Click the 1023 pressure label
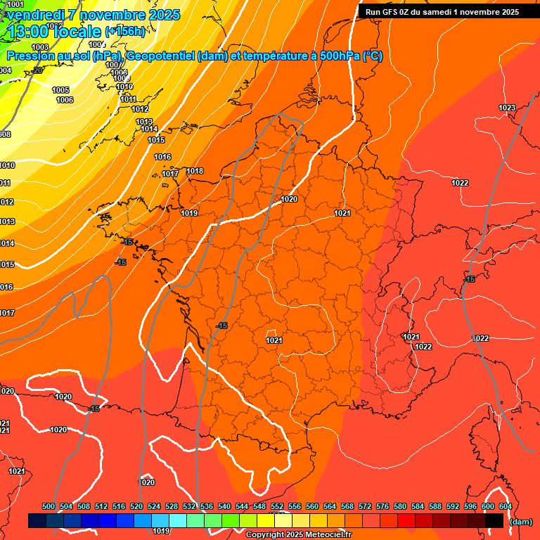[506, 108]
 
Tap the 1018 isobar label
[195, 171]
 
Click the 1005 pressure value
[60, 90]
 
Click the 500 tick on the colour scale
[49, 506]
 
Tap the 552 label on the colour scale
[277, 506]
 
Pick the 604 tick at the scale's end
[506, 506]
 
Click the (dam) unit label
[520, 522]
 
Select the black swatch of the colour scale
[494, 520]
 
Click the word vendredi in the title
[36, 15]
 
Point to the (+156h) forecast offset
[125, 31]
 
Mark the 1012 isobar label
[140, 109]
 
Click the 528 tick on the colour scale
[172, 506]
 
